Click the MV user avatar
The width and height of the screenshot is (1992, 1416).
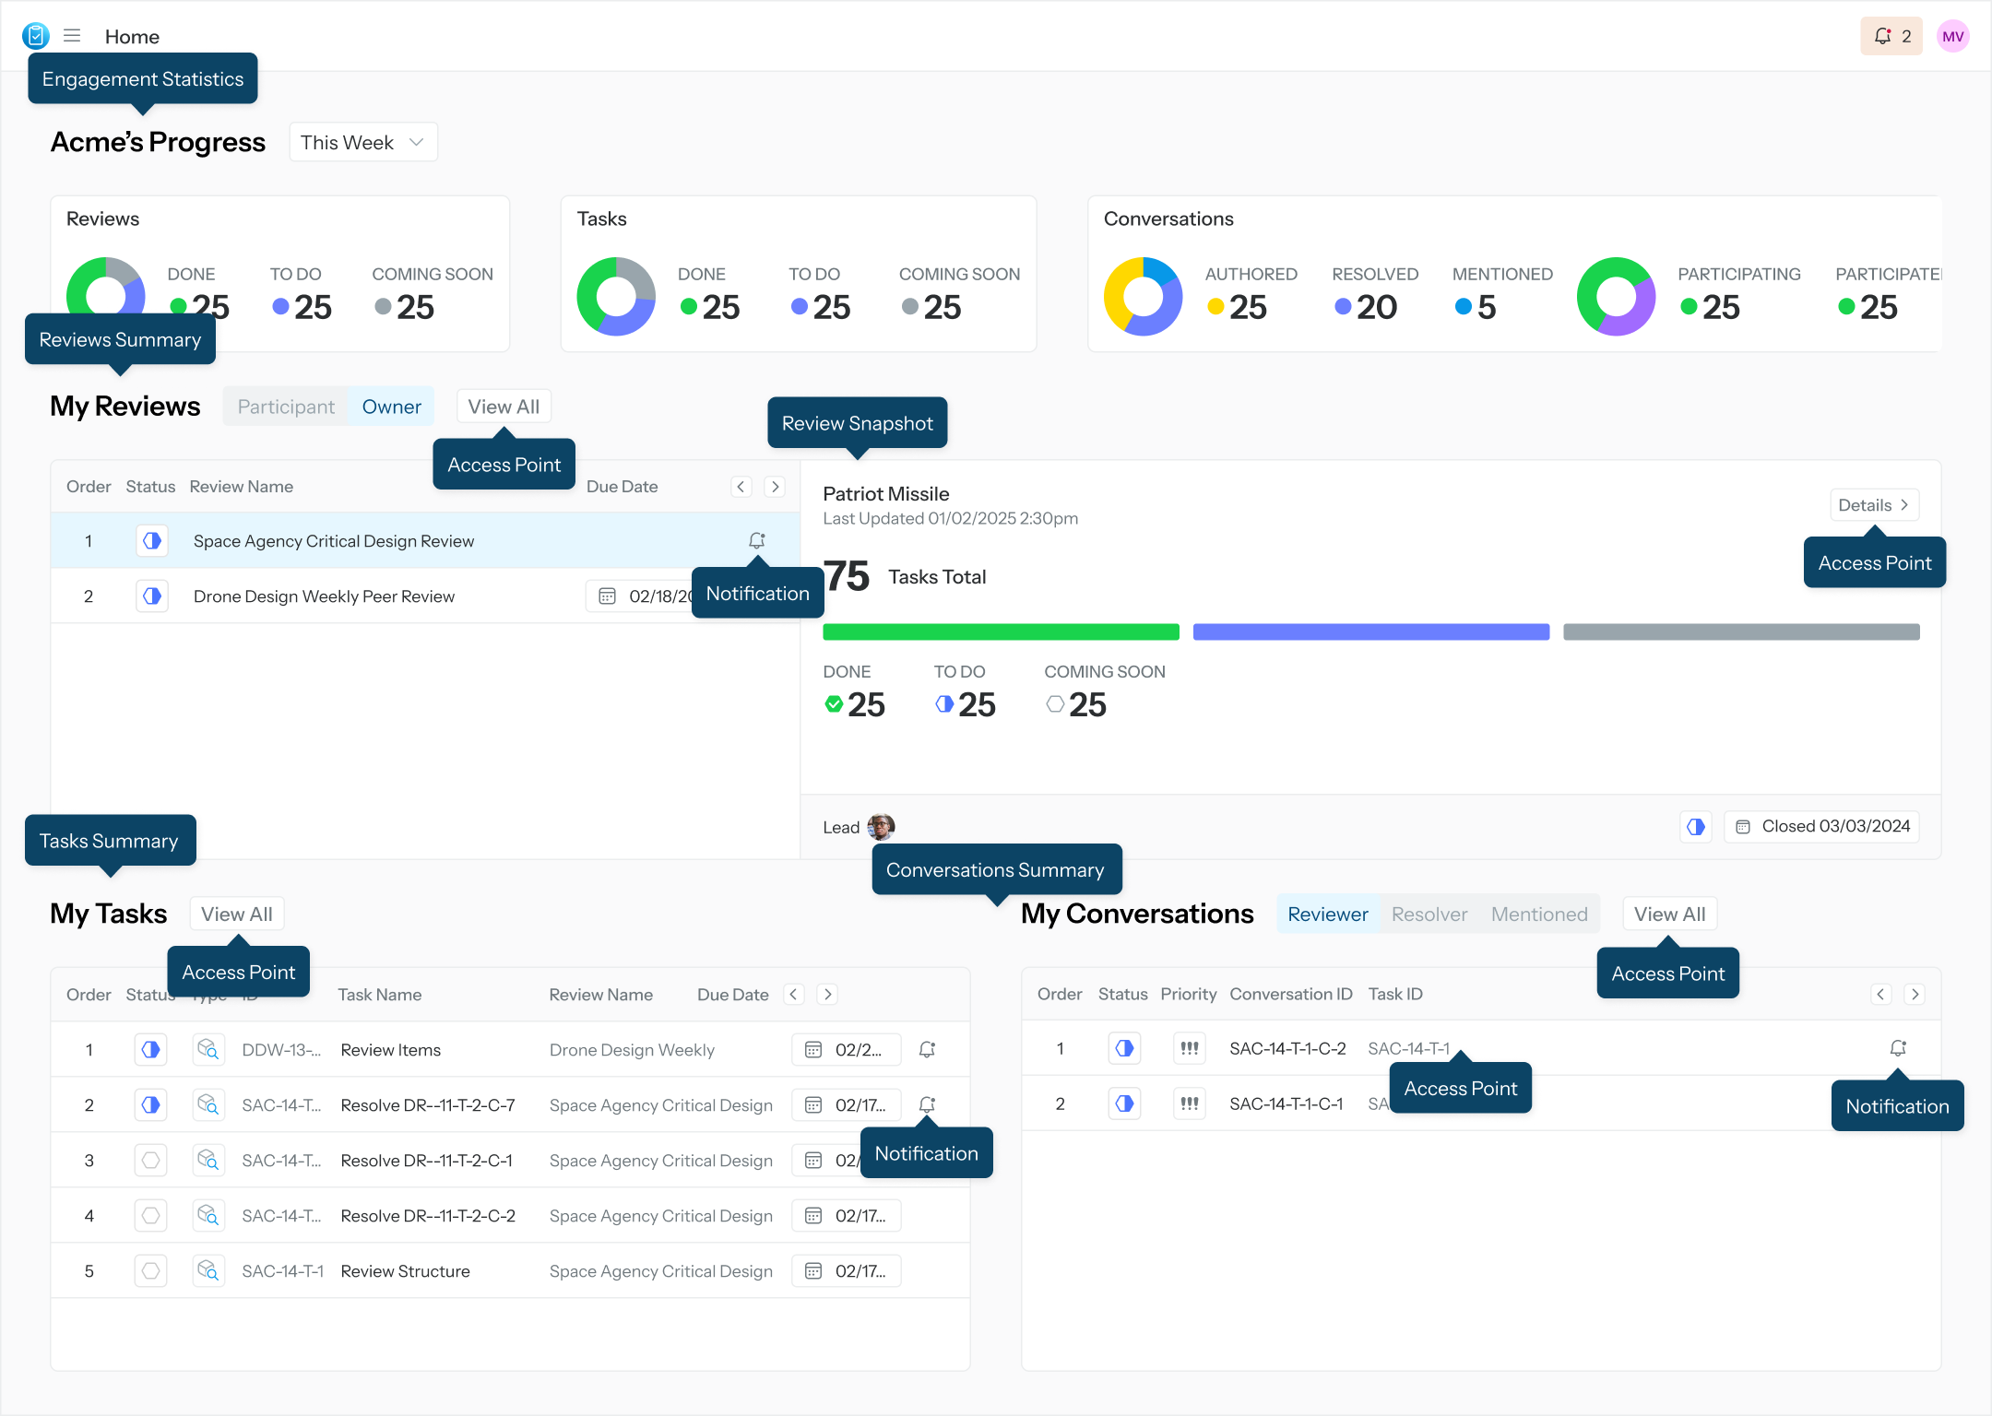click(1952, 37)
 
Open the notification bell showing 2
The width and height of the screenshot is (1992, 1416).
click(1891, 37)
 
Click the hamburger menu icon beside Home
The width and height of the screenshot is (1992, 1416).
click(72, 36)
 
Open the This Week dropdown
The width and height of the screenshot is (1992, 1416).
click(362, 143)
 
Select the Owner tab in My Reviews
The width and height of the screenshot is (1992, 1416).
click(391, 407)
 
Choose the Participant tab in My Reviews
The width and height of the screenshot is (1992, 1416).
click(286, 407)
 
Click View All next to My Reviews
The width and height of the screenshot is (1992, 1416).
click(504, 407)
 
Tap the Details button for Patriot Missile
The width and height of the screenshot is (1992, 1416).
click(1873, 505)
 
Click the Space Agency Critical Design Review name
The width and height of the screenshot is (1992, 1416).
click(334, 541)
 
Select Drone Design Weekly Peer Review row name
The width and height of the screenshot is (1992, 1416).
click(324, 596)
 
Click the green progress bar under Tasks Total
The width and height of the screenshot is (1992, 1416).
click(1001, 632)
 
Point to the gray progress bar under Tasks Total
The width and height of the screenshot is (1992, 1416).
click(1741, 632)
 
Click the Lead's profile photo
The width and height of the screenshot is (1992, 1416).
click(881, 827)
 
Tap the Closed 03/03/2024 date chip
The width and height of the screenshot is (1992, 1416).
click(1822, 827)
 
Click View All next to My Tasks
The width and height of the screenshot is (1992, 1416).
click(237, 914)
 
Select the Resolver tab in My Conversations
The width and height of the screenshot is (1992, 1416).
click(1429, 914)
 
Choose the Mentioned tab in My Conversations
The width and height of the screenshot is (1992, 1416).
click(1539, 914)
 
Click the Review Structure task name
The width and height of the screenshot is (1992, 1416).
click(405, 1271)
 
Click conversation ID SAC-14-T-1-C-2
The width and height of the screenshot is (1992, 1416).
click(1287, 1049)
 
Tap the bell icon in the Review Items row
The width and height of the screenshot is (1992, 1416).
click(928, 1050)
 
